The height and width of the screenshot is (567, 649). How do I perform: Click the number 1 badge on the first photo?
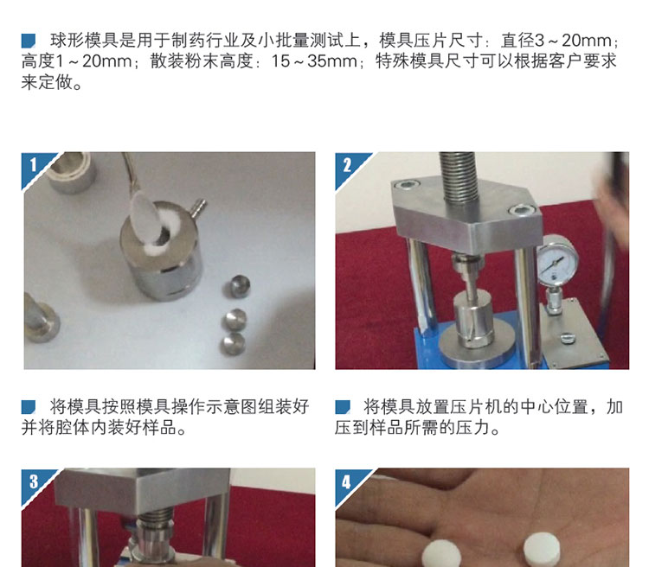[33, 164]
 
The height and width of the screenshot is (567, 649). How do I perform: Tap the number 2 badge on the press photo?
[347, 164]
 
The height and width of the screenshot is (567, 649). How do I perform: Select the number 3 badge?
[33, 481]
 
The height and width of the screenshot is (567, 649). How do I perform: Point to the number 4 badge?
[347, 481]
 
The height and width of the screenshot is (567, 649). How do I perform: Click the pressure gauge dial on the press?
[557, 260]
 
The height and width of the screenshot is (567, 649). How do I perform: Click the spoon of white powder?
[143, 216]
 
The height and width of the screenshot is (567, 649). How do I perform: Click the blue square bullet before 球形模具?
[29, 41]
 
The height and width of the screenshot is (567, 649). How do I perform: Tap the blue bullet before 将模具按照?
[29, 407]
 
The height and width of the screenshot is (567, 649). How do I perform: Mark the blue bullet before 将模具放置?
[343, 407]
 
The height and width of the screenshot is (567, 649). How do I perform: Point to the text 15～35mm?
[314, 61]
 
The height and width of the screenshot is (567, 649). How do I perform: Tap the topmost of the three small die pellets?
[237, 286]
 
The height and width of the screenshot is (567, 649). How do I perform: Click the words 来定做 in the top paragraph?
[47, 82]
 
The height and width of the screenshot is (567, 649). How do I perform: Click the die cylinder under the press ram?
[472, 320]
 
